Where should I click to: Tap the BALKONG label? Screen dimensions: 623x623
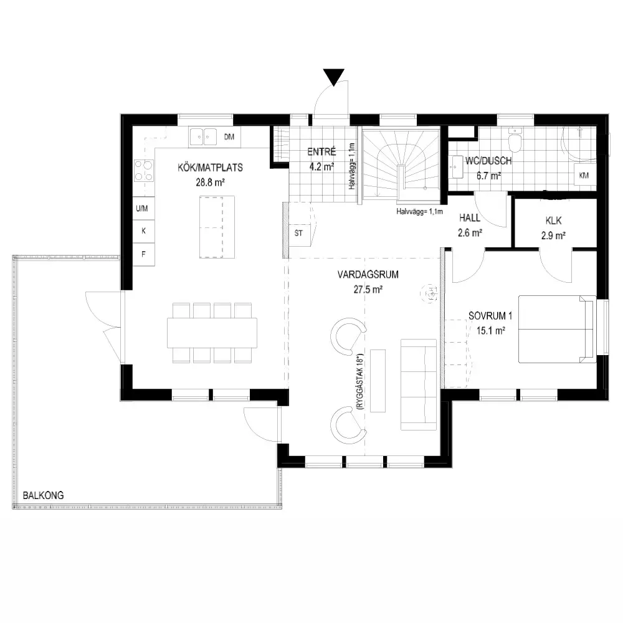click(x=44, y=495)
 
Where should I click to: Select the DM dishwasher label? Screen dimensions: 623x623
click(x=229, y=137)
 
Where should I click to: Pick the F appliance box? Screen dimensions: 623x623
click(x=143, y=254)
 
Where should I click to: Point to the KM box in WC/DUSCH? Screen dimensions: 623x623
click(x=584, y=175)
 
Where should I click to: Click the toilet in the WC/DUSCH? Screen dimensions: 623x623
click(x=515, y=140)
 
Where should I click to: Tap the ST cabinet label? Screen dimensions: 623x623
click(x=298, y=233)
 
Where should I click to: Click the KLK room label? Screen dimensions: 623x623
click(x=553, y=221)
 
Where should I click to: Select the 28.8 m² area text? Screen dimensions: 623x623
click(x=210, y=183)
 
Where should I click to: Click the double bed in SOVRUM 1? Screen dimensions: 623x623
click(x=558, y=329)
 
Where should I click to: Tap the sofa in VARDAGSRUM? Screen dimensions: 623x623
click(x=419, y=384)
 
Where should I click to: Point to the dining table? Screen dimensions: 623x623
click(x=212, y=333)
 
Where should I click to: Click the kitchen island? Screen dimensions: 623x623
click(x=217, y=227)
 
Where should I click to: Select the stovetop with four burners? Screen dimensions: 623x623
click(x=143, y=171)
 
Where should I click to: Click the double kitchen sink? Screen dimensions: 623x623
click(x=203, y=136)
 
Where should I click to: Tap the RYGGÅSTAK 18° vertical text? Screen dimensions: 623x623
click(x=360, y=381)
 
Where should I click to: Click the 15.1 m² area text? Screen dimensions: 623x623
click(x=491, y=331)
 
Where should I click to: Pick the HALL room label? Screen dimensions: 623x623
click(x=470, y=217)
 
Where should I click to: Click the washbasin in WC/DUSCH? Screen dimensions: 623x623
click(x=457, y=167)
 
